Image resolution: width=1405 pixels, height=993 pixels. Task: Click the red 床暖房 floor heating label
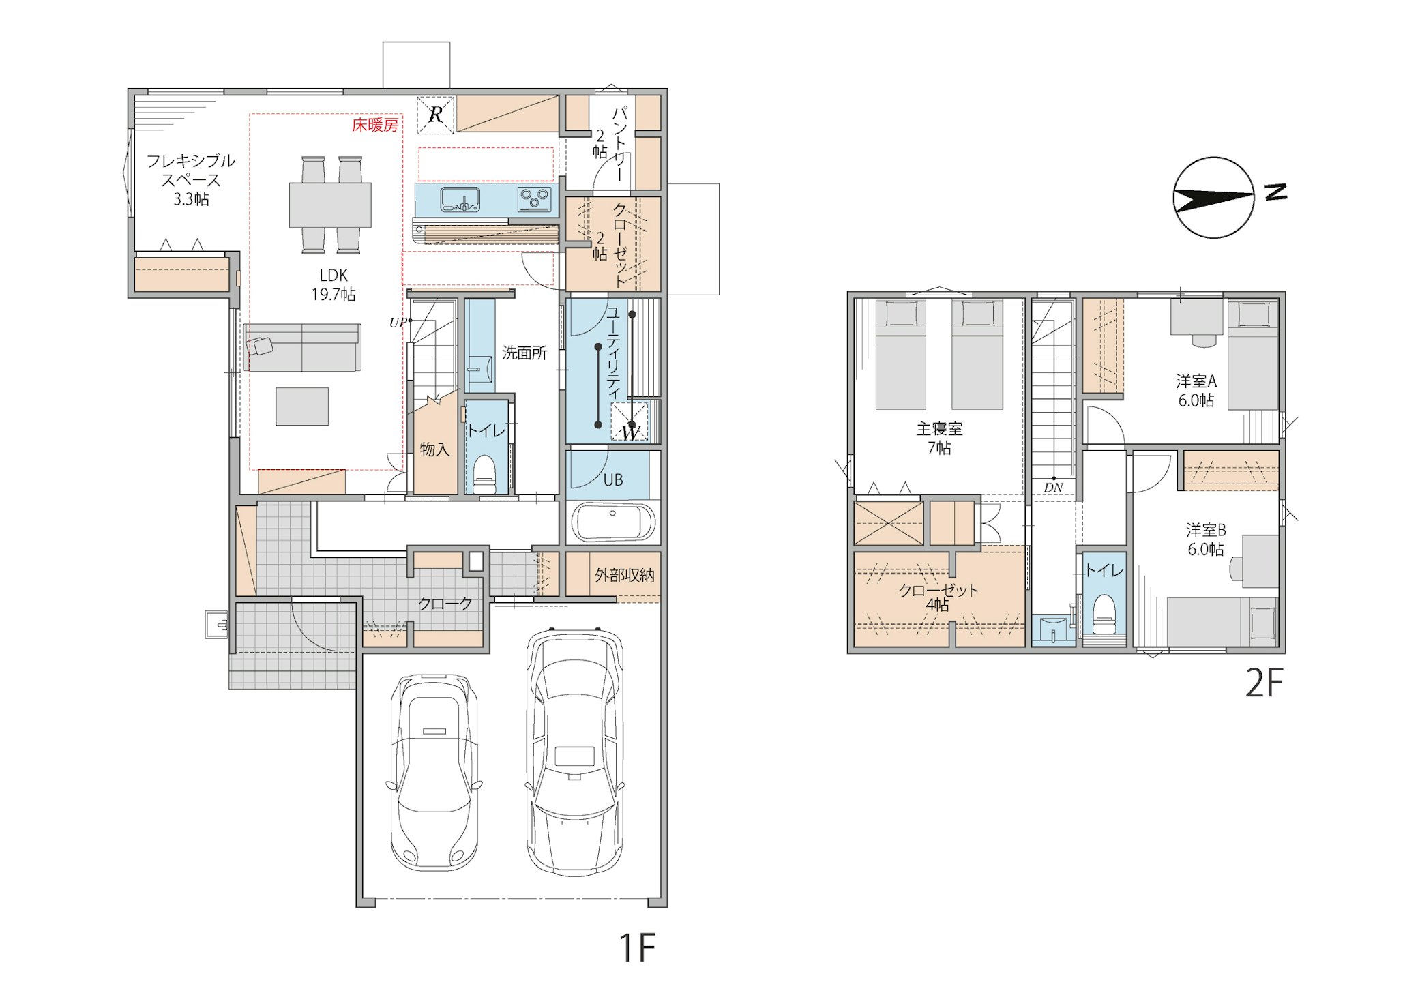[375, 125]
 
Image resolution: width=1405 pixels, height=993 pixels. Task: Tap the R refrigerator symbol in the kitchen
[436, 115]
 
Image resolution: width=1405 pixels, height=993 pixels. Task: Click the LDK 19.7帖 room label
[334, 284]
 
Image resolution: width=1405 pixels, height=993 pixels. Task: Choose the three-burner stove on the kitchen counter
[535, 198]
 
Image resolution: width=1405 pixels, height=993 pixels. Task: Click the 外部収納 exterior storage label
[624, 576]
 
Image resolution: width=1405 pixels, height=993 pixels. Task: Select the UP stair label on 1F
[398, 323]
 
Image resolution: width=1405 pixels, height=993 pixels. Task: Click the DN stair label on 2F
[1053, 488]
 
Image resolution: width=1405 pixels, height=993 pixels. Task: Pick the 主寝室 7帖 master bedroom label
[939, 439]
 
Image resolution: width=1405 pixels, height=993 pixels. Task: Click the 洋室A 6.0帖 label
[1196, 391]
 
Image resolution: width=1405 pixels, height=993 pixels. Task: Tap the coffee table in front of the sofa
[302, 406]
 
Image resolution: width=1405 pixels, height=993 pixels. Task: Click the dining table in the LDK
[330, 205]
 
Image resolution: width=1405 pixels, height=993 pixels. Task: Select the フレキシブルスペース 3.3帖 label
[191, 180]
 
